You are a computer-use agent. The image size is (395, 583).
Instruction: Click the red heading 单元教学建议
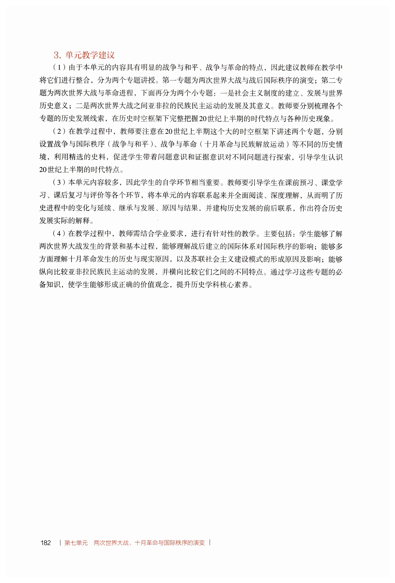tap(90, 55)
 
